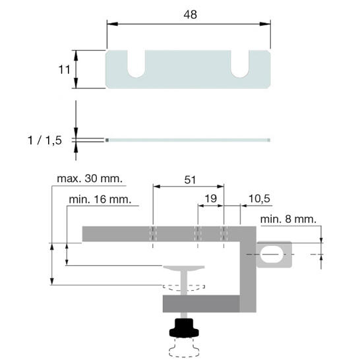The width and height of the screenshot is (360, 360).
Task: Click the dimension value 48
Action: point(190,15)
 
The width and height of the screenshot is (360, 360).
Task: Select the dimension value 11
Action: point(64,70)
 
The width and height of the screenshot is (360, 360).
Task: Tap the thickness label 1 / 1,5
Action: point(45,140)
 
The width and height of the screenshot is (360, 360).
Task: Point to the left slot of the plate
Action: point(136,64)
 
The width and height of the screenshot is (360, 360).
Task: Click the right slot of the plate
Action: point(240,64)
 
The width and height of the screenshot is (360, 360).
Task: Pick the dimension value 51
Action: point(190,180)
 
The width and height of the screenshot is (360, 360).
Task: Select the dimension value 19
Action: point(210,198)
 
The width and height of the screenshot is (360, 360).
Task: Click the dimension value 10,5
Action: point(259,198)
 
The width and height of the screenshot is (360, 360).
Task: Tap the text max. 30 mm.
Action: point(90,179)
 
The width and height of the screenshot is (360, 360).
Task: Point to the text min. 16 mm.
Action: point(100,199)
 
